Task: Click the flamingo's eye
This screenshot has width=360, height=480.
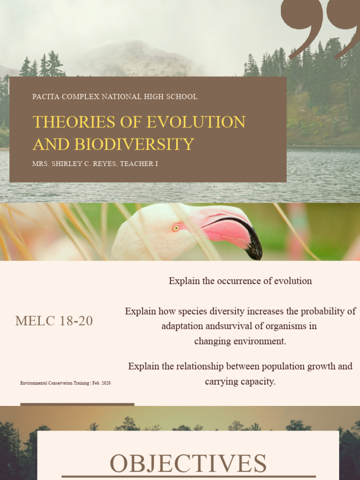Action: [x=176, y=228]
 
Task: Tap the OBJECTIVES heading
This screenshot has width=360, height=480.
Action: [x=188, y=463]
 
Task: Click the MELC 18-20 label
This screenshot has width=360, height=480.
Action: [x=54, y=321]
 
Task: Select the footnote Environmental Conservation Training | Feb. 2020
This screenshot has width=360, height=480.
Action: [x=66, y=383]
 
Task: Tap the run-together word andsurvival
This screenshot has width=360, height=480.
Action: [x=211, y=326]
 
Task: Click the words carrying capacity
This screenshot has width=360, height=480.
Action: [x=240, y=382]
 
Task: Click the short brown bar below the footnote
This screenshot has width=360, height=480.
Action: [x=77, y=404]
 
